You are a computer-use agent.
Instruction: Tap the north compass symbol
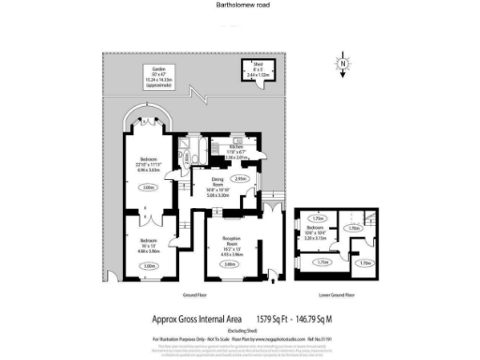[344, 67]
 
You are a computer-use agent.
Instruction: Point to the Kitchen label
[235, 152]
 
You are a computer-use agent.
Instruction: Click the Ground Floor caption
[196, 294]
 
